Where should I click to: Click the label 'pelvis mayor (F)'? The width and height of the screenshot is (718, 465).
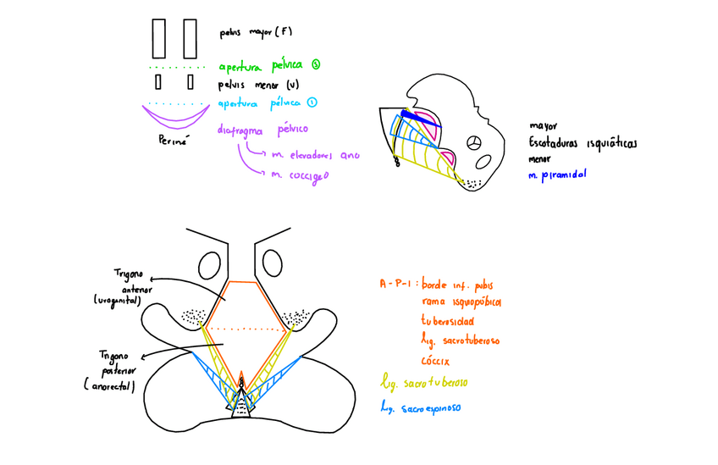pyautogui.click(x=255, y=33)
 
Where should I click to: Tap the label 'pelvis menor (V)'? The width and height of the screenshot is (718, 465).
pyautogui.click(x=257, y=85)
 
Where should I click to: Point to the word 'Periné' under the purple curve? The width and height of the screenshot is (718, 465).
pyautogui.click(x=173, y=140)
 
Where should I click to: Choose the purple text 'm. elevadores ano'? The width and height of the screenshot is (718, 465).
pyautogui.click(x=316, y=155)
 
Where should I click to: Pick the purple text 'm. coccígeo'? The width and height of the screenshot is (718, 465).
pyautogui.click(x=300, y=175)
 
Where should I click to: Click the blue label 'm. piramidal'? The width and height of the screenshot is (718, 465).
pyautogui.click(x=557, y=174)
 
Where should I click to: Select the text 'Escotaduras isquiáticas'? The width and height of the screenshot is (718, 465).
pyautogui.click(x=583, y=142)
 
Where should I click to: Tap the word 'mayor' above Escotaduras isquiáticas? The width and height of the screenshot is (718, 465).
pyautogui.click(x=544, y=126)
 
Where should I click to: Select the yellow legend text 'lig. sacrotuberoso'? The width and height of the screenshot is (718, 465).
pyautogui.click(x=424, y=382)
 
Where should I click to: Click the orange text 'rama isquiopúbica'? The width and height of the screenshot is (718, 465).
pyautogui.click(x=461, y=301)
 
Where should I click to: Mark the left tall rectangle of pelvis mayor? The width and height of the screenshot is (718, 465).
pyautogui.click(x=159, y=38)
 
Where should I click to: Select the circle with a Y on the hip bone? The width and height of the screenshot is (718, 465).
pyautogui.click(x=476, y=143)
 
